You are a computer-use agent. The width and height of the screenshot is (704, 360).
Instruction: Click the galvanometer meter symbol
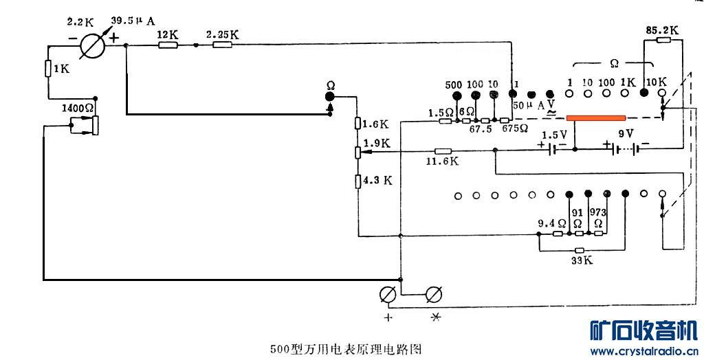coord(91,47)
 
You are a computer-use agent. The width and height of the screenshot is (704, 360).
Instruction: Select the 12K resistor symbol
coord(168,45)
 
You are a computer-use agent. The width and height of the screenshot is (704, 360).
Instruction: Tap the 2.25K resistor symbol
coord(222,45)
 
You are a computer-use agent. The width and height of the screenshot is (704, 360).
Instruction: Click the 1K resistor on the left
coord(48,69)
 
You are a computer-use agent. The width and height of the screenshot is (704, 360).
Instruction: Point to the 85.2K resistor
coord(663,41)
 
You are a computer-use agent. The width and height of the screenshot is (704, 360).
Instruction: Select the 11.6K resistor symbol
coord(443,151)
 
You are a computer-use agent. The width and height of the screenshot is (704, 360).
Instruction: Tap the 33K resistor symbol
coord(580,251)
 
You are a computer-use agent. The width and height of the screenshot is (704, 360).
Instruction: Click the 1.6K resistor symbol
coord(358,124)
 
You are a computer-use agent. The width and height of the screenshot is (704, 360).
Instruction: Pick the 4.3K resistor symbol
coord(358,181)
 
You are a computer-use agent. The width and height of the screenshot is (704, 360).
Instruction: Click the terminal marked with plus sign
coord(388,295)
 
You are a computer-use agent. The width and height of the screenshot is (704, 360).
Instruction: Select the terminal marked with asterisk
coord(433,295)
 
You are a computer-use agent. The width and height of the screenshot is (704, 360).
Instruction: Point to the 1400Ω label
coord(77,109)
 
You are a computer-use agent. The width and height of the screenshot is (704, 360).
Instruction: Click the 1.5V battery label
coord(554,135)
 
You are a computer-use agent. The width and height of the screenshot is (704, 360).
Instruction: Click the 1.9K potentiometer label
coord(377,144)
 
